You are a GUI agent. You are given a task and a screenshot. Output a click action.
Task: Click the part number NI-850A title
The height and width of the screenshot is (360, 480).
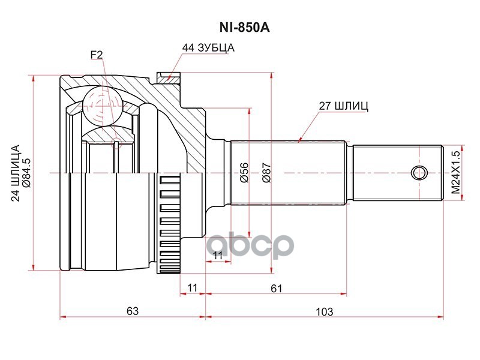point(244,28)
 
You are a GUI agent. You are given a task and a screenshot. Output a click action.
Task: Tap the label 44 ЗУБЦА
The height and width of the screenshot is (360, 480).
point(208,48)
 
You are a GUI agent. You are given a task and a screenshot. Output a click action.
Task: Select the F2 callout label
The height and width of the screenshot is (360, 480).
point(97,55)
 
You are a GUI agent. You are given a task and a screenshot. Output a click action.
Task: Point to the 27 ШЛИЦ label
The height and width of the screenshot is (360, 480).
point(343,106)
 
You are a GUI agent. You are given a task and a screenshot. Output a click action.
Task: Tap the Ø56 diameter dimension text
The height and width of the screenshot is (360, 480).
point(244,173)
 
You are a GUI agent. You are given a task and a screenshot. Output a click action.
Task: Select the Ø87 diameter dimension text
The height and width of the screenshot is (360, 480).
point(266,173)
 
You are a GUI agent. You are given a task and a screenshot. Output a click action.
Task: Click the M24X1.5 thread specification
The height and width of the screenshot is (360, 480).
point(456,173)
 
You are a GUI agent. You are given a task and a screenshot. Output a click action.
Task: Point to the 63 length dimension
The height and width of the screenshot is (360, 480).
point(133,311)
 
